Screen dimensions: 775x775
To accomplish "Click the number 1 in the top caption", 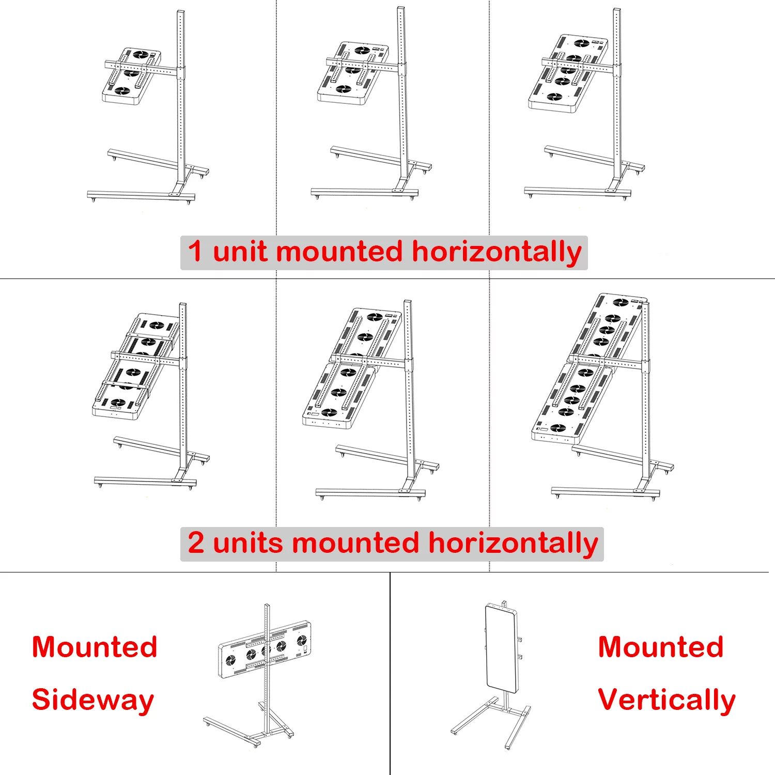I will pyautogui.click(x=195, y=252).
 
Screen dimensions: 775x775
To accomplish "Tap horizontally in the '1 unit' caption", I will pyautogui.click(x=497, y=253).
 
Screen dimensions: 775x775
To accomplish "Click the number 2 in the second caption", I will pyautogui.click(x=196, y=543).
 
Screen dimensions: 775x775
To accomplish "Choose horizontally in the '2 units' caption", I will pyautogui.click(x=513, y=544).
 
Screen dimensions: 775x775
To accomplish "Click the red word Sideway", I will pyautogui.click(x=93, y=700).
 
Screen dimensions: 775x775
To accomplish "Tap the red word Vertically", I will pyautogui.click(x=667, y=700).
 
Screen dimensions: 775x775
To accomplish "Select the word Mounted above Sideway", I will pyautogui.click(x=95, y=647).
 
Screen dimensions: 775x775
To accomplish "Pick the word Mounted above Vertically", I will pyautogui.click(x=661, y=647).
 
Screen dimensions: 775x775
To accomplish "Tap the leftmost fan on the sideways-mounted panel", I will pyautogui.click(x=231, y=660).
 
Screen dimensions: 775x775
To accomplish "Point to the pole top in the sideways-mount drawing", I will pyautogui.click(x=267, y=606).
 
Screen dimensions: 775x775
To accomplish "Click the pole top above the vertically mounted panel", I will pyautogui.click(x=504, y=602).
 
